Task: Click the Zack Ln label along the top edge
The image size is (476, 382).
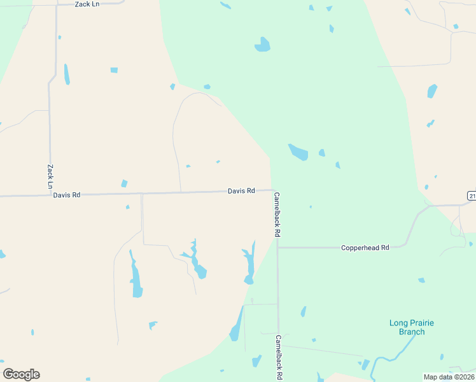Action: coord(87,4)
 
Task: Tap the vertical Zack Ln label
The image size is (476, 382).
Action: coord(50,176)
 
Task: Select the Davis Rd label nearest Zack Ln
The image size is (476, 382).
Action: coord(67,195)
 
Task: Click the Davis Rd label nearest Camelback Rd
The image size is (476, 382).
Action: coord(241,190)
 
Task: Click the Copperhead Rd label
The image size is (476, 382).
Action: coord(365,247)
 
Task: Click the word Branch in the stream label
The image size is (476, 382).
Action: coord(411,332)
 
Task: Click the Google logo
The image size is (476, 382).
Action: coord(21,374)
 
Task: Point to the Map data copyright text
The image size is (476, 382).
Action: coord(449,377)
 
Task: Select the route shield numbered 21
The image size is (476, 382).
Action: coord(471,195)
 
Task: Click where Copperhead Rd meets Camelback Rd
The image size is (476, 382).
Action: coord(277,248)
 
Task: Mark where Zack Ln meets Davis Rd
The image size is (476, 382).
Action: coord(50,195)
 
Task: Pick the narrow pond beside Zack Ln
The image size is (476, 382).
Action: coord(66,74)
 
